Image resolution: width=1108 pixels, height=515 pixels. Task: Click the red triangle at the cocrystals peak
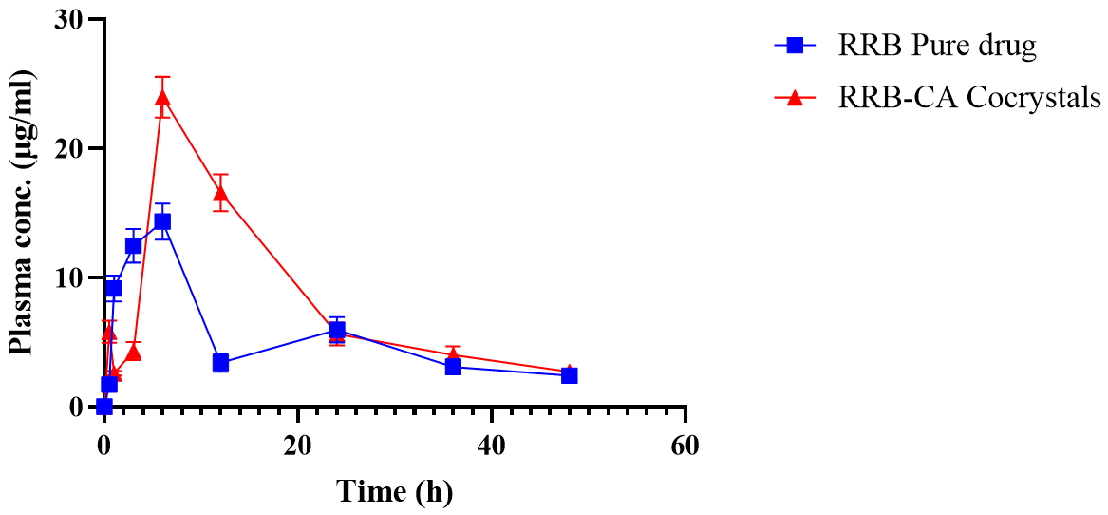pyautogui.click(x=162, y=96)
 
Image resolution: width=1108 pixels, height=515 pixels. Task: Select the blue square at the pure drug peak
pyautogui.click(x=162, y=221)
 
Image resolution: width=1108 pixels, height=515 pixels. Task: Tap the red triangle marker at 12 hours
pyautogui.click(x=220, y=194)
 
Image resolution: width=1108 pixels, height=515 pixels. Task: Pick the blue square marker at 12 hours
pyautogui.click(x=220, y=362)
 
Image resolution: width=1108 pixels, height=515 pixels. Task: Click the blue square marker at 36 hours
pyautogui.click(x=453, y=366)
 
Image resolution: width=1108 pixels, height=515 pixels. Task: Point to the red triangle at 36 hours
pyautogui.click(x=453, y=354)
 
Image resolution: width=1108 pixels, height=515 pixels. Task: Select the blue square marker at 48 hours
pyautogui.click(x=569, y=375)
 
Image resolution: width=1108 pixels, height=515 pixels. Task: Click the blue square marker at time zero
pyautogui.click(x=104, y=407)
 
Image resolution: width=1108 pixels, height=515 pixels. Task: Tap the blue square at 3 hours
pyautogui.click(x=133, y=245)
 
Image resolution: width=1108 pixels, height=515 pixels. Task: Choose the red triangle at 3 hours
pyautogui.click(x=133, y=352)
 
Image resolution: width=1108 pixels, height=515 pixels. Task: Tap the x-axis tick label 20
pyautogui.click(x=298, y=446)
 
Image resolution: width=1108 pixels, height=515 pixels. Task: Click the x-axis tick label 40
pyautogui.click(x=492, y=446)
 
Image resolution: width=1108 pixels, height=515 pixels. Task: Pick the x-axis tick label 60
pyautogui.click(x=685, y=446)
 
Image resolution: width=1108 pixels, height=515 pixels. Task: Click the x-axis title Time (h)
pyautogui.click(x=394, y=492)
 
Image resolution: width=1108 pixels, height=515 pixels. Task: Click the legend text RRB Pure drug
pyautogui.click(x=936, y=45)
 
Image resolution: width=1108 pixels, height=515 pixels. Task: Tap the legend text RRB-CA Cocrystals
pyautogui.click(x=968, y=98)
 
